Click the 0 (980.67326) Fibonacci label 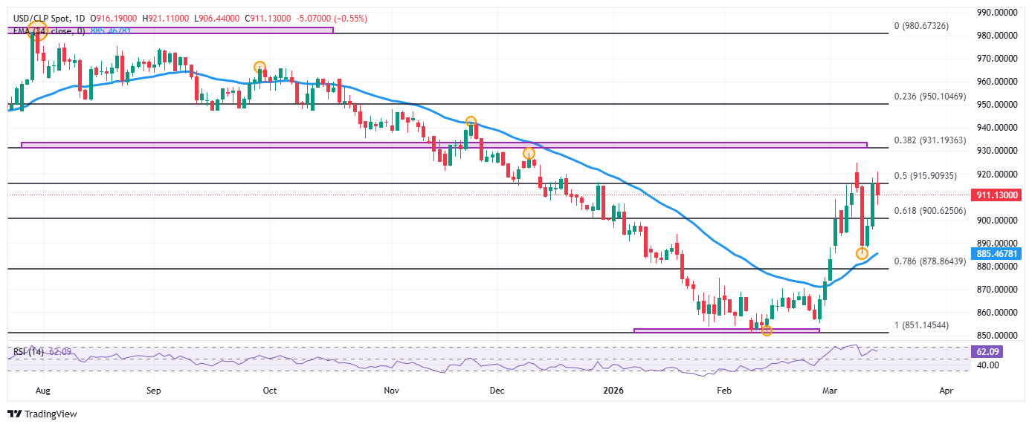921,26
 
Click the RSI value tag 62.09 986,351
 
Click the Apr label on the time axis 946,389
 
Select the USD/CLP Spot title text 36,18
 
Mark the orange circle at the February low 767,330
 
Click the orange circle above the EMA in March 862,254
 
